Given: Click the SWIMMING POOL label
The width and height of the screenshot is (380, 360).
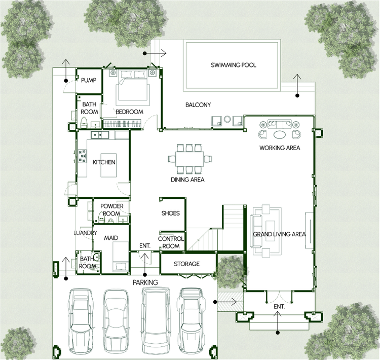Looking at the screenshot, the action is point(234,65).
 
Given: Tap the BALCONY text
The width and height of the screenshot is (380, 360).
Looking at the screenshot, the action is point(198,105).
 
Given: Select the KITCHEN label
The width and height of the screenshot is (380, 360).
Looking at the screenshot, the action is point(104,162).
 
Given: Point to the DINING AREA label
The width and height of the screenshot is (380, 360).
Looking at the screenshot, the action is point(187,179).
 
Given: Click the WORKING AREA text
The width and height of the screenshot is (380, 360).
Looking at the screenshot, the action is point(280,148).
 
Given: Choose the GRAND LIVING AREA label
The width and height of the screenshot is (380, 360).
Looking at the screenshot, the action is point(279,234).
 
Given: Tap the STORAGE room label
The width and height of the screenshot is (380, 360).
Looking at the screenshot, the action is point(186,264).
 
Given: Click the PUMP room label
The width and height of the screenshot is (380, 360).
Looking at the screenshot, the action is point(89,80).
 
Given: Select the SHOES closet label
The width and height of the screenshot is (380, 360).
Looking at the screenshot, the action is point(171,213).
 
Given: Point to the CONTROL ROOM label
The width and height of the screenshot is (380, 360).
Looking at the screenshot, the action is point(171,242).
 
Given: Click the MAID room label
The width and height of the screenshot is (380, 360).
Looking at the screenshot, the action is point(111,238).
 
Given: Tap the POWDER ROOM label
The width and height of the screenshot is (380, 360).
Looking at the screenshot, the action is point(112,210).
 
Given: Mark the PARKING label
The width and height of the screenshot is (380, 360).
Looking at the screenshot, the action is point(145,282).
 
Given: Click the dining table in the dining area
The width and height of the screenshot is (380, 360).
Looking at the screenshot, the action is point(190,159).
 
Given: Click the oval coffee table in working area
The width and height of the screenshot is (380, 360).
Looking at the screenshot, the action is point(279,134).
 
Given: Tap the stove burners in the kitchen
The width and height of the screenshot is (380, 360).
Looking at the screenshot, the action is point(82,156).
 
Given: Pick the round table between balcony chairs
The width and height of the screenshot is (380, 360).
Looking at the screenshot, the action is point(227,119).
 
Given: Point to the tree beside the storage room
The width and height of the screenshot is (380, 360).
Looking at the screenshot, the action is point(230,271).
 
